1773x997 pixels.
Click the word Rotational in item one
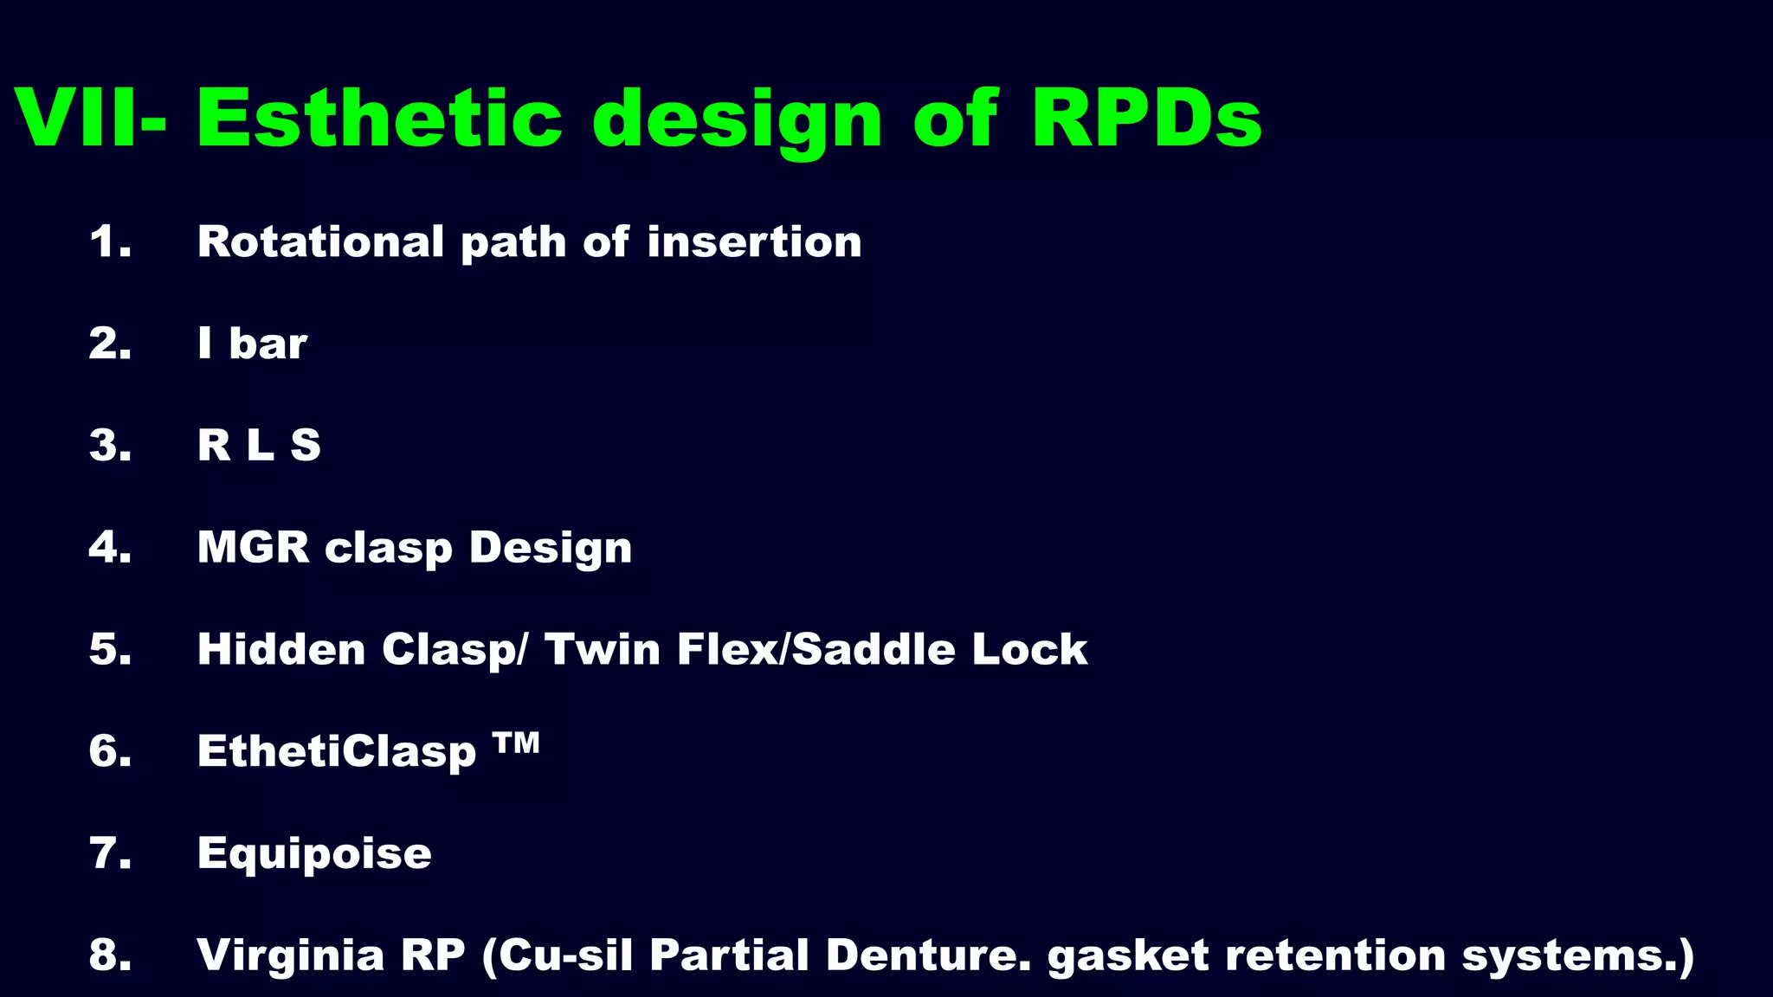pos(321,241)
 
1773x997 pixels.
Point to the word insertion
pos(754,241)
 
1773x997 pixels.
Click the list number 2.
pos(110,344)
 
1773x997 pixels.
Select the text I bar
pos(252,344)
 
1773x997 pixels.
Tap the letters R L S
pos(259,446)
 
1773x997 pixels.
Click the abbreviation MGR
pos(253,547)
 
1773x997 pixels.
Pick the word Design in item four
pos(551,547)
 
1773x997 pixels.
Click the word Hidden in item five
pos(281,649)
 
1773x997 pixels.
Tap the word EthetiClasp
pos(337,751)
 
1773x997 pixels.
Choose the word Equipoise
pos(314,853)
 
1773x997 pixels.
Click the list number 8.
pos(110,955)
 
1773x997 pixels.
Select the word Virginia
pos(290,955)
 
